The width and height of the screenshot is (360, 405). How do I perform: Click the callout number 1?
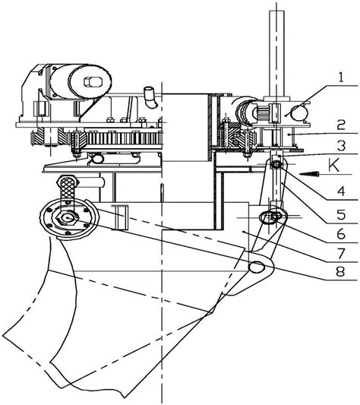coord(342,78)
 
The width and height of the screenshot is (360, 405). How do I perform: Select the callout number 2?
coord(341,125)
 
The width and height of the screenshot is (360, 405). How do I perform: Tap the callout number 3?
coord(341,146)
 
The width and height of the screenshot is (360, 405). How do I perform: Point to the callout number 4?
coord(341,191)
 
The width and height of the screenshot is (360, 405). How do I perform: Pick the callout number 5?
coord(341,214)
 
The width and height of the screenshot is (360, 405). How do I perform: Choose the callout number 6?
coord(341,234)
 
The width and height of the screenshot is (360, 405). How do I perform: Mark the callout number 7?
coord(341,253)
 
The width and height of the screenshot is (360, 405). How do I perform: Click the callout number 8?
coord(340,271)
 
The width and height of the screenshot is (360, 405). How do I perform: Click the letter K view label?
coord(333,165)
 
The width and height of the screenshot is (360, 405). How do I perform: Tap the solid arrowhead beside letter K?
coord(309,174)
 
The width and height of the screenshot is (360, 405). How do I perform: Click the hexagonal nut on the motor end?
coord(93,82)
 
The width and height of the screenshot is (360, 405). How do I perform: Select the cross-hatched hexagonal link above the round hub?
coord(68,189)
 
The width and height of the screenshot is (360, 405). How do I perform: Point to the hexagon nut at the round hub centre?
coord(67,218)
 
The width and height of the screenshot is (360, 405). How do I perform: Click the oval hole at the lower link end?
coord(257,266)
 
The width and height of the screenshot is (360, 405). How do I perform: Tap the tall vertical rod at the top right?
coord(277,53)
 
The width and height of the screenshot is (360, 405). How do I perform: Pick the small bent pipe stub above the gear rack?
coord(150,97)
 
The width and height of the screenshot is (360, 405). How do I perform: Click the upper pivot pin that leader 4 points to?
coord(276,164)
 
